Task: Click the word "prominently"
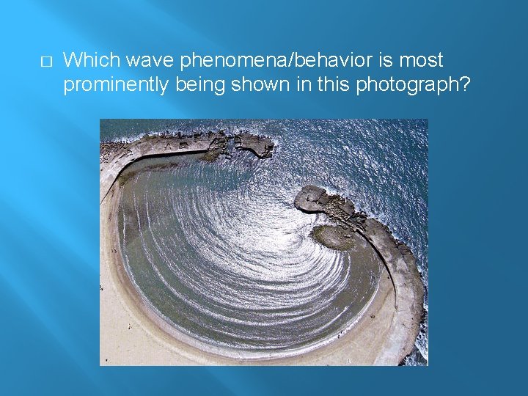click(x=117, y=85)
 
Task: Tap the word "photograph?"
click(x=423, y=85)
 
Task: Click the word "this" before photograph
click(x=334, y=85)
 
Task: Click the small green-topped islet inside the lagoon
click(x=332, y=236)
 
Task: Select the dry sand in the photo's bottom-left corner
click(x=117, y=345)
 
